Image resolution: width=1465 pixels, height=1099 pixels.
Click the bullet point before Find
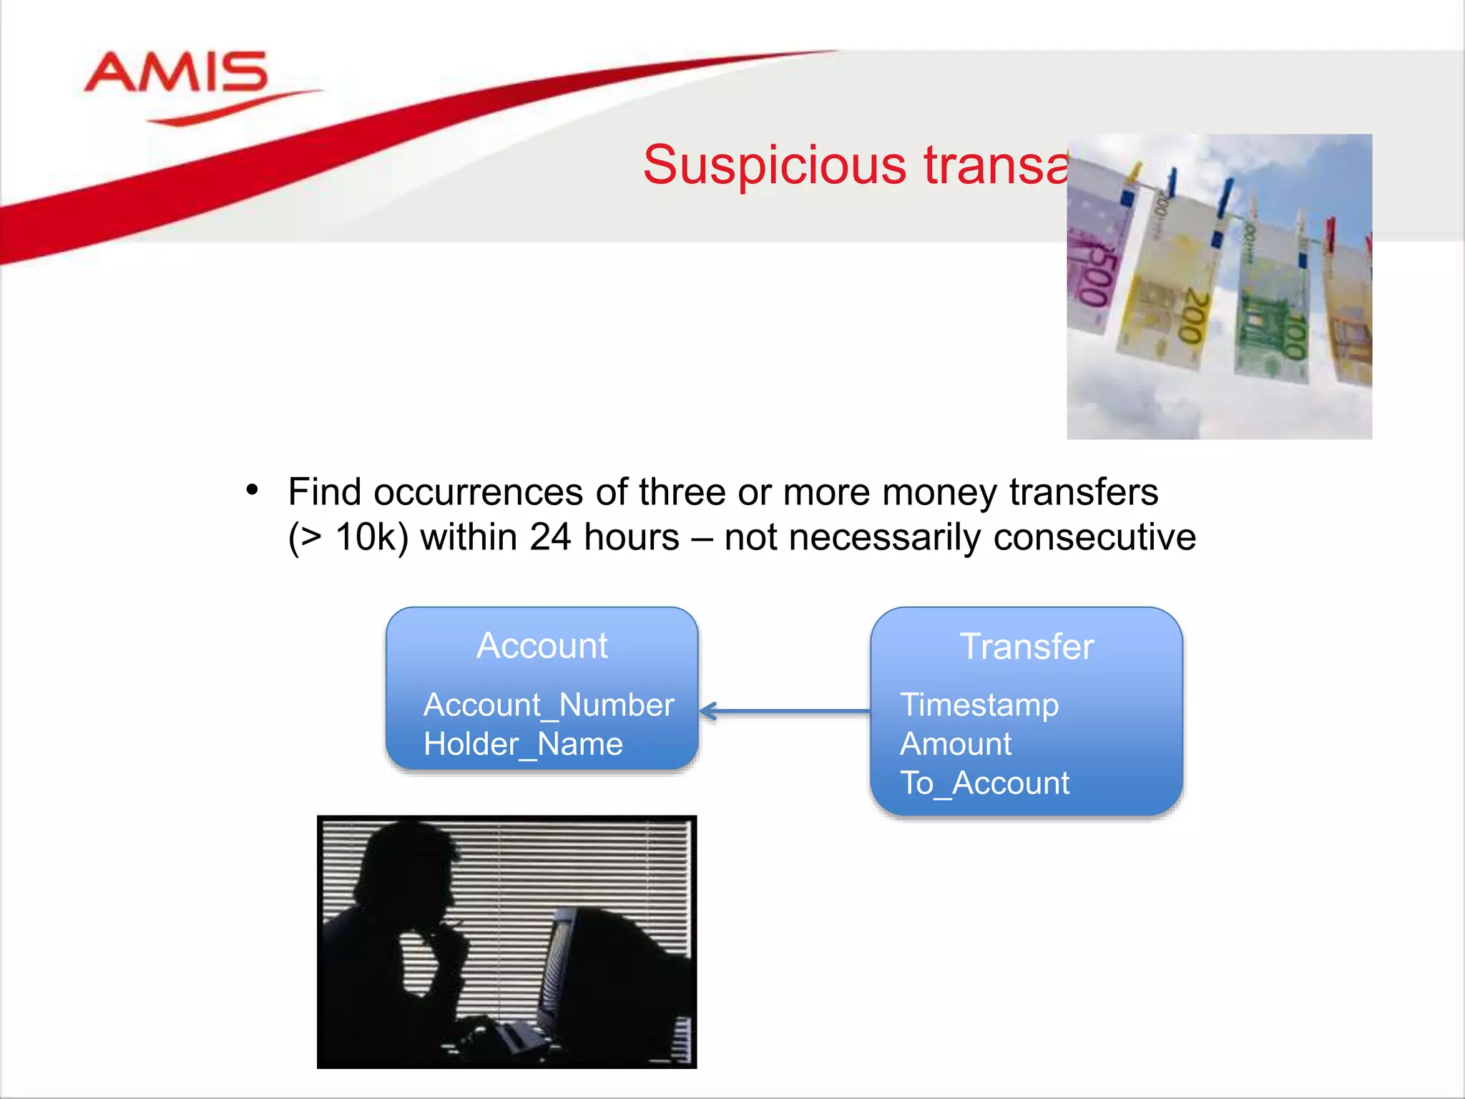click(252, 491)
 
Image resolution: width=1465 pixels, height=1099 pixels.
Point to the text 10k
click(363, 537)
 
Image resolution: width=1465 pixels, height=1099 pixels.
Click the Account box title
click(542, 645)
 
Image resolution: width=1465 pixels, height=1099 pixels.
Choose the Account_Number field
click(549, 705)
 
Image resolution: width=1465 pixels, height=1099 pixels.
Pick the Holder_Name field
click(523, 744)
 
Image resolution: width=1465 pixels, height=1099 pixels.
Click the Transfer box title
click(1027, 646)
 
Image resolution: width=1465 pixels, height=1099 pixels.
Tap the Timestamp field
click(979, 705)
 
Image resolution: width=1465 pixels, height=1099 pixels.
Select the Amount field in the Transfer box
click(956, 744)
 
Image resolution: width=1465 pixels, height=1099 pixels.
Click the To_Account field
click(984, 783)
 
